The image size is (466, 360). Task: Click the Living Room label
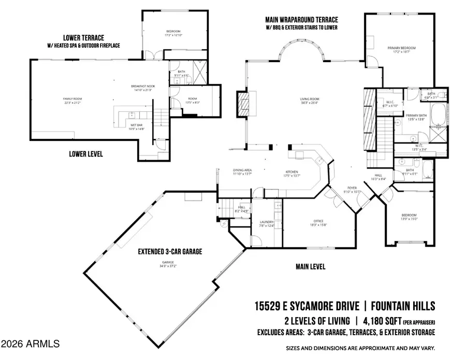[310, 99]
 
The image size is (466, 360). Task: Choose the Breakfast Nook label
[142, 87]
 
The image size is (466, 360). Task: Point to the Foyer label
[352, 189]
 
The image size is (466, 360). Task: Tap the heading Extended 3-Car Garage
[169, 252]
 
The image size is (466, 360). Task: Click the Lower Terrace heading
[83, 38]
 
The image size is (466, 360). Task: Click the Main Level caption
[310, 266]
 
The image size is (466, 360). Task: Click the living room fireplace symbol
[243, 105]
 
